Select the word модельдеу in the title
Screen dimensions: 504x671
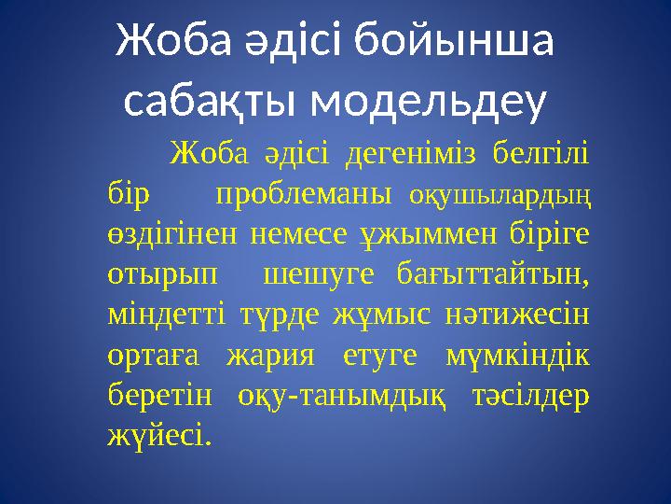[x=428, y=105]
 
